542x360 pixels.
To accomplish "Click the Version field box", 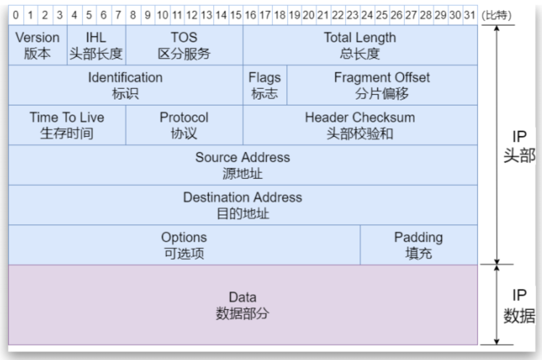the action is coord(38,45).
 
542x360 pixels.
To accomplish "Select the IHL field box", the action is coord(97,45).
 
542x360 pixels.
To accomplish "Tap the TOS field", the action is coord(184,45).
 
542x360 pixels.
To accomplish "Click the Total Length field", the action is coord(360,45).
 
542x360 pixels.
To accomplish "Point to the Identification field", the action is coord(126,85).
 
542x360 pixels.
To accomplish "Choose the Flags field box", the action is coord(265,85).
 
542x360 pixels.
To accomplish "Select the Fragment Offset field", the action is coord(382,85).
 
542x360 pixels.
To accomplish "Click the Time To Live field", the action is coord(67,125).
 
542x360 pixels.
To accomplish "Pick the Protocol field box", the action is coord(184,125).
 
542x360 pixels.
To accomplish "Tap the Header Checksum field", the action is coord(360,125).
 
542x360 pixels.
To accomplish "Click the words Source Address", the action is coord(243,157).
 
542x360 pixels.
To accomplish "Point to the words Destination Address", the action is coord(243,197).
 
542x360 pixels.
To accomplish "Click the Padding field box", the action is coord(419,245).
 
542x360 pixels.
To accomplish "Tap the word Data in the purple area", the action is coord(243,297).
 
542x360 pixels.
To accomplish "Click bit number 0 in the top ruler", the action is coord(16,15).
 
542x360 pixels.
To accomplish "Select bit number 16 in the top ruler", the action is coord(250,15).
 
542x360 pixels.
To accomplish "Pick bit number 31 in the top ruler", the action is coord(470,15).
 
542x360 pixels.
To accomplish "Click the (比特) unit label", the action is coord(496,15).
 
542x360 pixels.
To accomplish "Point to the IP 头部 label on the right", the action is coord(519,146).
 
